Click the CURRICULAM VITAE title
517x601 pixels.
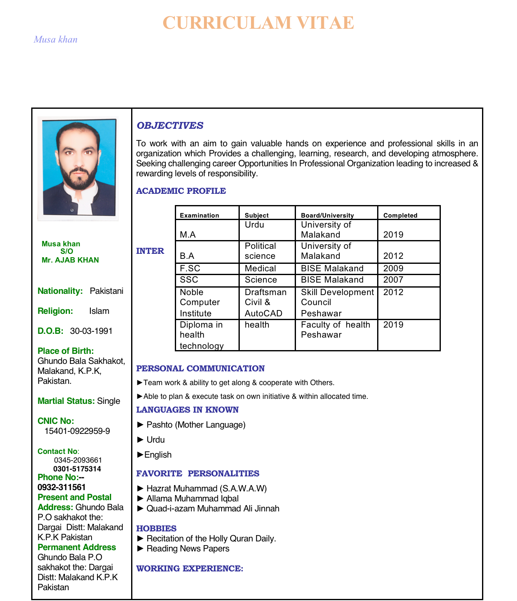258,23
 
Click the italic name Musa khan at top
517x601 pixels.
55,40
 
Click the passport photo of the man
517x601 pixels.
78,168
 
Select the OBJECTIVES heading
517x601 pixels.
170,125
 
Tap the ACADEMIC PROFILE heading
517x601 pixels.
181,191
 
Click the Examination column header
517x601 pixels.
199,215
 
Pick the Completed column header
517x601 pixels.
400,215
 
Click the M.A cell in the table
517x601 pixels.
188,235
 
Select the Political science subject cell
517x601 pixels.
260,251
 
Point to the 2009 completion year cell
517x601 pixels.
393,268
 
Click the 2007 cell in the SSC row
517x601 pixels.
393,280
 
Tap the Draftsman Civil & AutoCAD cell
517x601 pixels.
266,303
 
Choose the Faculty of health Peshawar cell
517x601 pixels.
335,330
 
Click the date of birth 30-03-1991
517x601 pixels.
91,331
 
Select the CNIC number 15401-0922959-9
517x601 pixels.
77,431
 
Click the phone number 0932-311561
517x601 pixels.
62,487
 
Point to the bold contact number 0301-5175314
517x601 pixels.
77,469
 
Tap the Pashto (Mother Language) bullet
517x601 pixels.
196,425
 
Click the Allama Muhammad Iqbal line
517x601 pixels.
192,498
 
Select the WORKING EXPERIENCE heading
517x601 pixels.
189,568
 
